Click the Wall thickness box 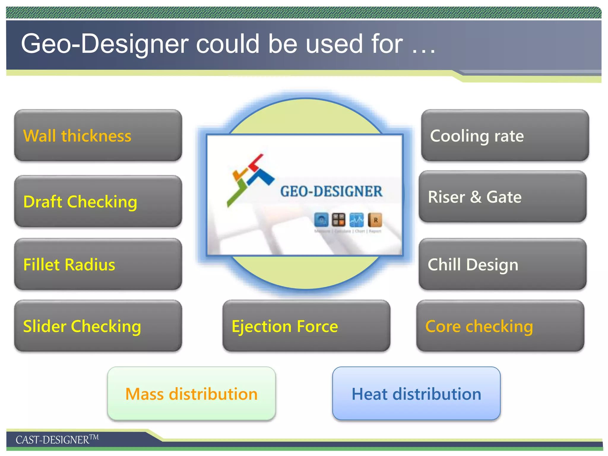(x=98, y=135)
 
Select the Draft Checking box (x=98, y=201)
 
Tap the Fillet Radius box (x=98, y=264)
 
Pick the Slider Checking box (x=98, y=326)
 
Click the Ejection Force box (x=306, y=326)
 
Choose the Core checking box (x=500, y=326)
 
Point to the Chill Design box (x=503, y=264)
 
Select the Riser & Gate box (x=503, y=197)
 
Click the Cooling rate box (x=505, y=135)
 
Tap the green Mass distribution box (x=191, y=394)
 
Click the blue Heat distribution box (x=416, y=394)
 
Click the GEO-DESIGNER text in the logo (x=331, y=191)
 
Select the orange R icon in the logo (x=375, y=220)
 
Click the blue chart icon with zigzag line (x=357, y=220)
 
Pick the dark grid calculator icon (x=338, y=220)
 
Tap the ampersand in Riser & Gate (x=476, y=197)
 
